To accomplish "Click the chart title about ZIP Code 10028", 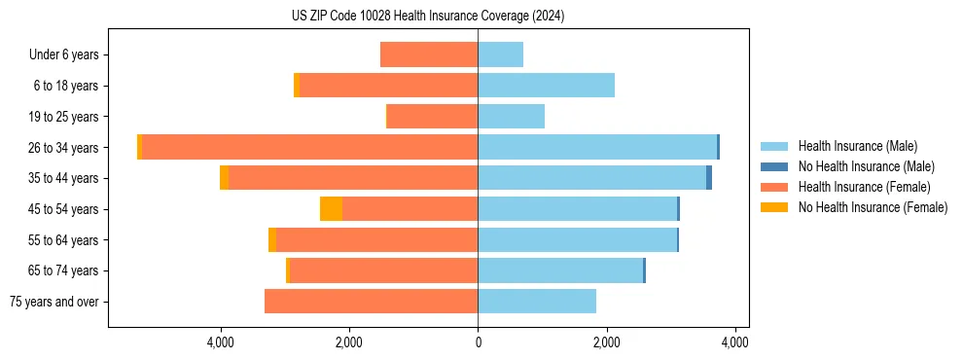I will [x=428, y=17].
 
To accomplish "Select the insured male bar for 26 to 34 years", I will [x=596, y=147].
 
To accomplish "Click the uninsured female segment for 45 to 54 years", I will [x=331, y=209].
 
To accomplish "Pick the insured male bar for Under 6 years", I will [x=500, y=54].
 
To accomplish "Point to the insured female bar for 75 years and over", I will [x=371, y=302].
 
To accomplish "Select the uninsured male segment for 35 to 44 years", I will [x=709, y=178].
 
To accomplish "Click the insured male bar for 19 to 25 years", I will [x=511, y=117].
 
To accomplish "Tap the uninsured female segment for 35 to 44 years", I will [x=225, y=178].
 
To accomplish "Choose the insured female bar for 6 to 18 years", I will [x=388, y=86].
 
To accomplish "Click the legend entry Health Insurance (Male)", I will [x=856, y=146].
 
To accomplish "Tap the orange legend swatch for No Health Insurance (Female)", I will [x=775, y=207].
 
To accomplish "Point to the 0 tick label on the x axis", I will [x=478, y=342].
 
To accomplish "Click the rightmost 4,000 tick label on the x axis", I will [x=734, y=342].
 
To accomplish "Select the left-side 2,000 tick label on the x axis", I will [x=349, y=342].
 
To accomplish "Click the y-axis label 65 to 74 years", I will [x=64, y=270].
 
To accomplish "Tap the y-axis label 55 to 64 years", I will [x=64, y=240].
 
